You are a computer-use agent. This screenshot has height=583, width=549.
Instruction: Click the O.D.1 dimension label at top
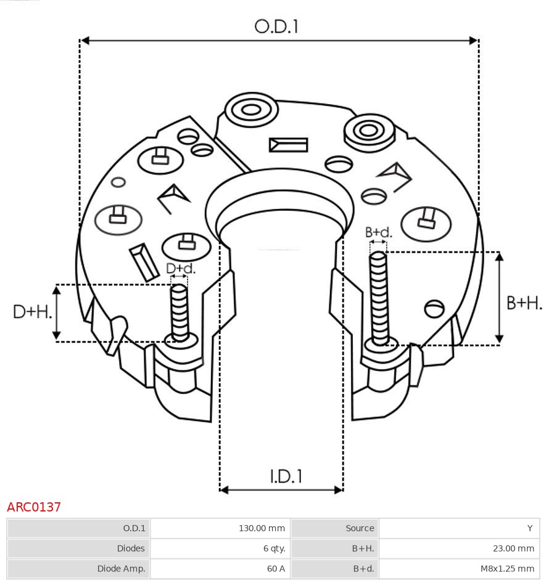276,26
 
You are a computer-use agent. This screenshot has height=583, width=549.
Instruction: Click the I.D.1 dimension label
286,476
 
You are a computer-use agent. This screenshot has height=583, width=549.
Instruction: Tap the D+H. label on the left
32,312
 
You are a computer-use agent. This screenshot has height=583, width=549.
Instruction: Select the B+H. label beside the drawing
524,303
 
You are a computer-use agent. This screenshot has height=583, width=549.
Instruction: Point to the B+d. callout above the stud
378,232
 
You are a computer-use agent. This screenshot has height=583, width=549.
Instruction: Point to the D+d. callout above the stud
180,269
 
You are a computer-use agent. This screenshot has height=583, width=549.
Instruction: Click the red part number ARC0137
34,507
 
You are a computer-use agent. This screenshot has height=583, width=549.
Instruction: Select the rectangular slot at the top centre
288,145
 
